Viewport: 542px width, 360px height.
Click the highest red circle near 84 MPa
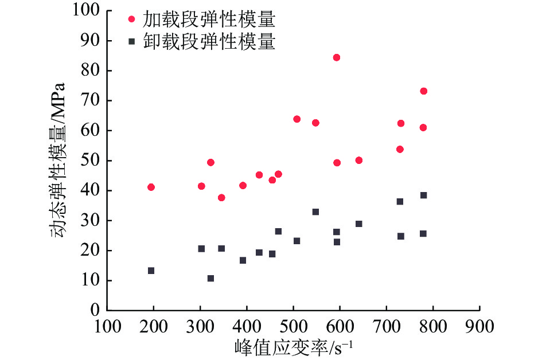[x=337, y=57]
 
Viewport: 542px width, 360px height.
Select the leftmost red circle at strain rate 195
[x=151, y=187]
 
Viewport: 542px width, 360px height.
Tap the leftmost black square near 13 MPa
[x=151, y=271]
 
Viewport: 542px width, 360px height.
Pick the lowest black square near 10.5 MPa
[x=210, y=279]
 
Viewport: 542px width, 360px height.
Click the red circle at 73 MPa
[x=423, y=91]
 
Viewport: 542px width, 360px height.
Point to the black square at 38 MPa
[x=423, y=195]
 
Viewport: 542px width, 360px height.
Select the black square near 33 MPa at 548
[x=315, y=212]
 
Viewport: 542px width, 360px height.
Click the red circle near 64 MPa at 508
[x=297, y=119]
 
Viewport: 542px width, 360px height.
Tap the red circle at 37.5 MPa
[x=221, y=198]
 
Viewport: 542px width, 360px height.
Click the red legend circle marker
[x=131, y=19]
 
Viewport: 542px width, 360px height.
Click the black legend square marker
[x=131, y=41]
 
